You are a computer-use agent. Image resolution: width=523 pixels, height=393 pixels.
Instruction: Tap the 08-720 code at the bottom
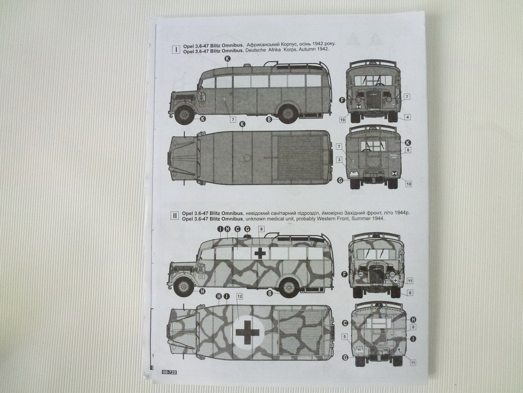coord(169,372)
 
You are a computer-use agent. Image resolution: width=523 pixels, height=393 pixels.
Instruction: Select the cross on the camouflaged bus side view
coord(260,253)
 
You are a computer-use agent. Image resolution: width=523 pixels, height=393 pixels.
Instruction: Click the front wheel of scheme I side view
coord(184,114)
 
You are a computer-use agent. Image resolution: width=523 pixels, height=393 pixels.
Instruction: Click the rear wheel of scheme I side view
coord(288,113)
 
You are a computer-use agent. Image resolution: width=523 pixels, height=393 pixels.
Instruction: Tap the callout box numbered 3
coord(339,160)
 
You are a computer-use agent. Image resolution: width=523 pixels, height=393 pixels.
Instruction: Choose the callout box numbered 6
coord(410,293)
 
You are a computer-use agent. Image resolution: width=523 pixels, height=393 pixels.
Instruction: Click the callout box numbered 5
coord(344,336)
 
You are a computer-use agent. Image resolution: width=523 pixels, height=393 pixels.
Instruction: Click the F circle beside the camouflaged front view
coord(344,274)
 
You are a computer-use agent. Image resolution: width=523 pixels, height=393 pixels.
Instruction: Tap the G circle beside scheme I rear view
coord(340,180)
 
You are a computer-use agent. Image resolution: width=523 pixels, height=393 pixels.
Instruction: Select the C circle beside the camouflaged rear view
coord(345,323)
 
